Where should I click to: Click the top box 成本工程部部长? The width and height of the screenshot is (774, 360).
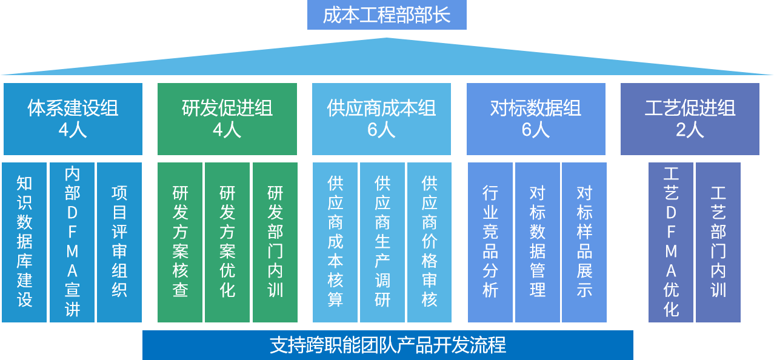tap(387, 15)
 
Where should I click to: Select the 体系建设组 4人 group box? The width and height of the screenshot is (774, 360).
tap(73, 119)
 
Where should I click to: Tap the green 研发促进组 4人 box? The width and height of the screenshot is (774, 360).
tap(227, 119)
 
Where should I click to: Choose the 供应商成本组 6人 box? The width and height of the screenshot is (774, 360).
tap(381, 119)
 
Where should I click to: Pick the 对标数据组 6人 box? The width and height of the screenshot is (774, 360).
tap(536, 119)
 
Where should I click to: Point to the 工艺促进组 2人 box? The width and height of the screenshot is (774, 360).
tap(690, 119)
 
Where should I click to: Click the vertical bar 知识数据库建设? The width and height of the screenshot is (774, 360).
tap(24, 242)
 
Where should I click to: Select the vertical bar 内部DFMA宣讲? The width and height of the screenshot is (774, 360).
tap(72, 242)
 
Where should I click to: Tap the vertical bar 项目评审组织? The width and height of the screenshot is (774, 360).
tap(119, 242)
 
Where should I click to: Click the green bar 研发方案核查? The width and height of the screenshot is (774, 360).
tap(180, 242)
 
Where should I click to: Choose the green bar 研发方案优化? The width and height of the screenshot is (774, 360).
tap(227, 242)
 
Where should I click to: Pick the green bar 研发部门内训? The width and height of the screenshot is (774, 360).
tap(275, 242)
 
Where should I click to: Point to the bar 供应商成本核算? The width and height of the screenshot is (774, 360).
tap(335, 242)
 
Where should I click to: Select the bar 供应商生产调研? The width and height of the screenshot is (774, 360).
tap(382, 242)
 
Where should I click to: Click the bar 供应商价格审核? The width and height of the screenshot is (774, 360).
tap(430, 242)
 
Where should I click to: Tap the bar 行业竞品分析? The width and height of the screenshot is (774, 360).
tap(490, 242)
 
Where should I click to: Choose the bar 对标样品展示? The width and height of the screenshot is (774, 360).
tap(584, 242)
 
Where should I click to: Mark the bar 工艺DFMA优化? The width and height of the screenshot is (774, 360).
tap(671, 242)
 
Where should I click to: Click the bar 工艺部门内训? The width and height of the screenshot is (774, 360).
tap(718, 242)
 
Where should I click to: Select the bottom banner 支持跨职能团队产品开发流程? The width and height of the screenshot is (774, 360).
tap(388, 345)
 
